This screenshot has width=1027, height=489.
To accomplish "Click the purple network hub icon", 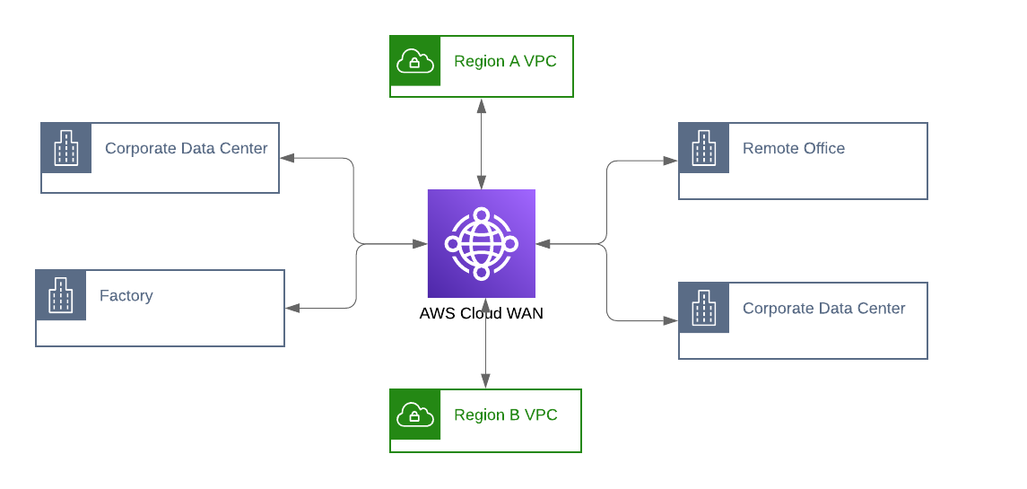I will pyautogui.click(x=481, y=243).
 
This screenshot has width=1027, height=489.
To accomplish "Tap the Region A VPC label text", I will pyautogui.click(x=505, y=62).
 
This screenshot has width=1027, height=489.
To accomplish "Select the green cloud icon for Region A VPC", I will pyautogui.click(x=415, y=61).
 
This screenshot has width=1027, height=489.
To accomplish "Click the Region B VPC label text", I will pyautogui.click(x=505, y=415).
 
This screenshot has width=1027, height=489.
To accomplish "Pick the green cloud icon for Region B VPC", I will pyautogui.click(x=415, y=415).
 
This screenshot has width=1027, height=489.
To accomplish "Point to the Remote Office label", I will pyautogui.click(x=793, y=149).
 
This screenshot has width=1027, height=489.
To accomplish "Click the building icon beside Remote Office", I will pyautogui.click(x=703, y=148).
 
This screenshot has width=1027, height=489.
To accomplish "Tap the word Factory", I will pyautogui.click(x=126, y=296).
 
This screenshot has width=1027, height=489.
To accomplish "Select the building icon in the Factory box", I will pyautogui.click(x=61, y=295).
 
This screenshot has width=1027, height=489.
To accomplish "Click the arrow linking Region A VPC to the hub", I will pyautogui.click(x=482, y=144).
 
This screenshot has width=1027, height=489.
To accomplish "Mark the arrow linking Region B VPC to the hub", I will pyautogui.click(x=485, y=344).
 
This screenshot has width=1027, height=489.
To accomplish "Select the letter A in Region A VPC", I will pyautogui.click(x=514, y=62).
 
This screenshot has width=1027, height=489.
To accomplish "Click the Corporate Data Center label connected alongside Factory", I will pyautogui.click(x=186, y=149).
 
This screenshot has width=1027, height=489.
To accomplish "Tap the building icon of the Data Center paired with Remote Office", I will pyautogui.click(x=703, y=308).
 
